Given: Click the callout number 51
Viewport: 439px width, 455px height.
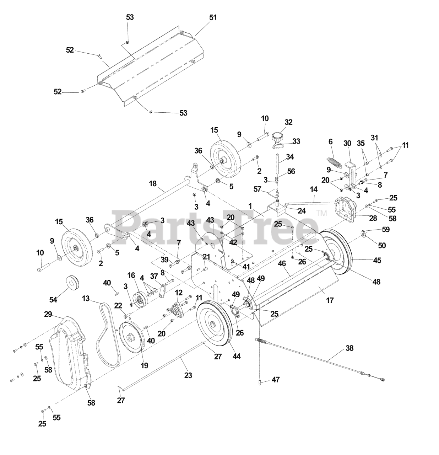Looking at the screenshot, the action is click(213, 17).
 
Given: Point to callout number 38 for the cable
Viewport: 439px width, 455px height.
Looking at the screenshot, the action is click(349, 348).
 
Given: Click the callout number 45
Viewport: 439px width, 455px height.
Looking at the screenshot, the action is click(377, 261).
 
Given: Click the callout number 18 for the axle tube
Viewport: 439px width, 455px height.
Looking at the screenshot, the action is click(152, 183).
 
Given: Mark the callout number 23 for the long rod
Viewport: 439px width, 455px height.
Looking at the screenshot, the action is click(188, 375).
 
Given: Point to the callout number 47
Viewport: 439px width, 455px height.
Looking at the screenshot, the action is click(276, 380).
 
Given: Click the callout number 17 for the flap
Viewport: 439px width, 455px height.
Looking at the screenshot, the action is click(330, 300).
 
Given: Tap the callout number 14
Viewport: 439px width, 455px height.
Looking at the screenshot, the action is click(314, 190).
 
